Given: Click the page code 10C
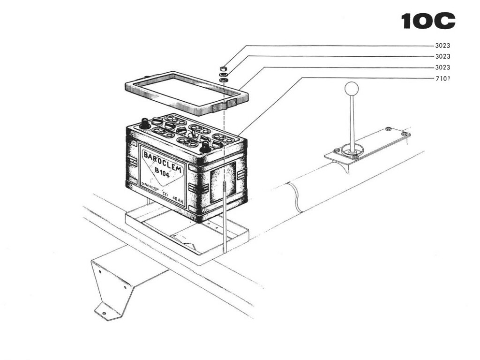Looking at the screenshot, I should coord(428,21).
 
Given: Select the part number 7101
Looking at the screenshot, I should coord(443,78).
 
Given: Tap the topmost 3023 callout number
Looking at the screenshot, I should coord(443,46).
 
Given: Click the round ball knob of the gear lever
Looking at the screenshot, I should coord(352,88).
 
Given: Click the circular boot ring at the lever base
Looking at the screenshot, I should coord(352,150).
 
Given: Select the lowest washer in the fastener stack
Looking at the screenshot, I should coord(224,80).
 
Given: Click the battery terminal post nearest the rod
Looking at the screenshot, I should coord(205,147).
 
